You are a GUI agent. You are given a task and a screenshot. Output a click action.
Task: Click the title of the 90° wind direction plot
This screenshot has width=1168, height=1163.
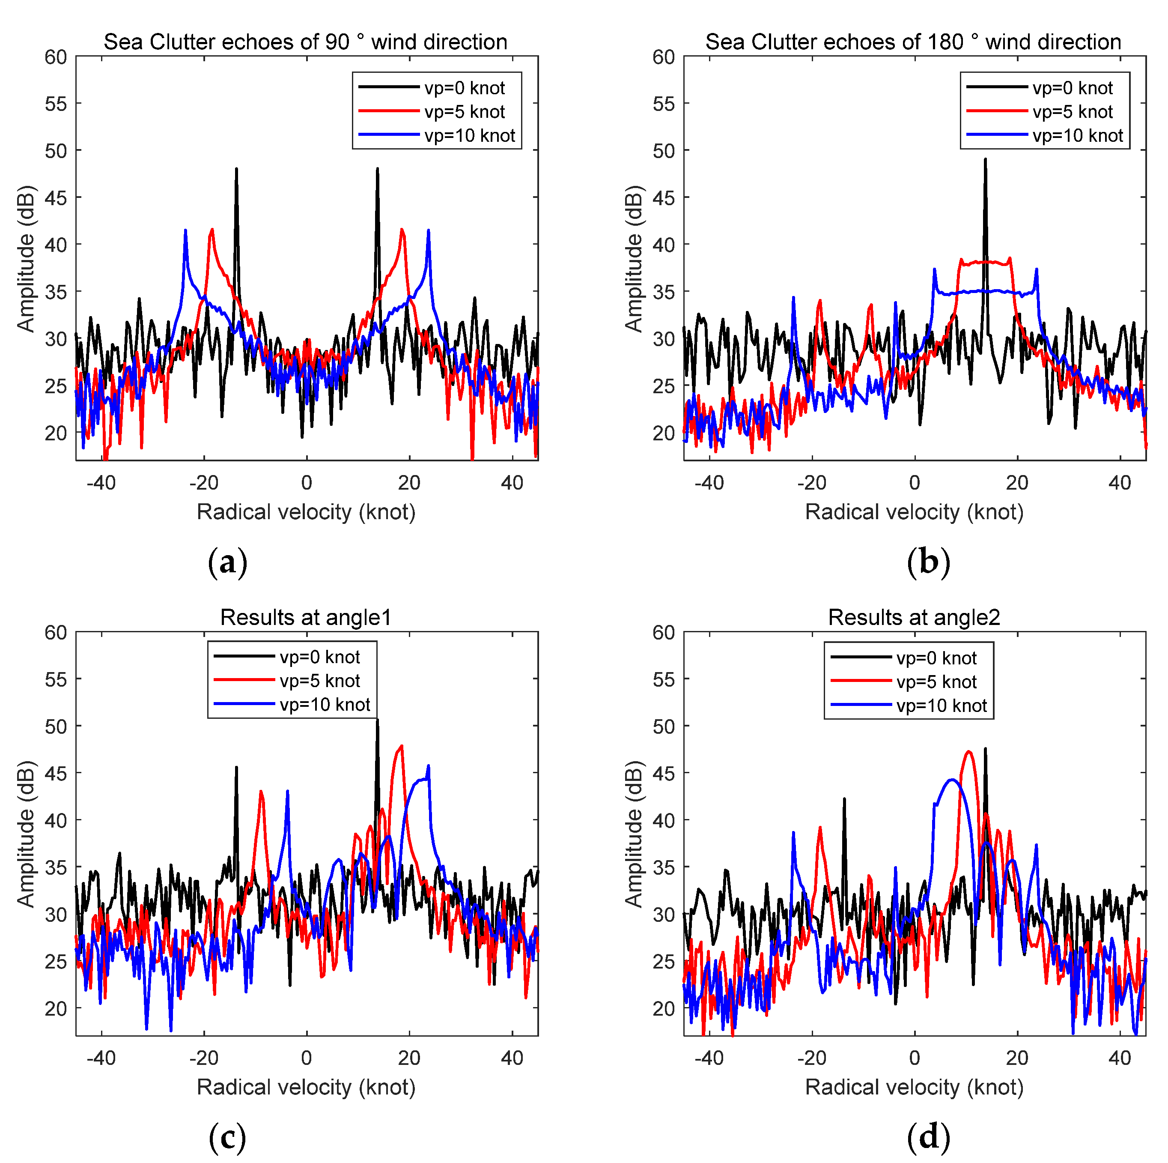(305, 42)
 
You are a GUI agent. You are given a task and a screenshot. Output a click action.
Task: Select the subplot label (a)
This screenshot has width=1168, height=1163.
(227, 563)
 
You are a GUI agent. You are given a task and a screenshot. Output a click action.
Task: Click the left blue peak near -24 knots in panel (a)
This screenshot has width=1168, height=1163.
(185, 231)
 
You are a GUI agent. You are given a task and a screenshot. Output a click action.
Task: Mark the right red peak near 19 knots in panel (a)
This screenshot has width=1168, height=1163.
(402, 230)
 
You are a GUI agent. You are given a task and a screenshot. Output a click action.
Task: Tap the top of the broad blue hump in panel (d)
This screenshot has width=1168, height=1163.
(952, 780)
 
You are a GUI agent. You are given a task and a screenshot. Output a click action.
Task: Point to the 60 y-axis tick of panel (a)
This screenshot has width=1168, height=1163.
(56, 57)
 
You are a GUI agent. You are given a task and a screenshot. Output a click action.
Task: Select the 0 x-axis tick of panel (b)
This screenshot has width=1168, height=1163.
(915, 483)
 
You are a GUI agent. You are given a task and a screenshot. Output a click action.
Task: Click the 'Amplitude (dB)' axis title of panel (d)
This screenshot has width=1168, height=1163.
(633, 834)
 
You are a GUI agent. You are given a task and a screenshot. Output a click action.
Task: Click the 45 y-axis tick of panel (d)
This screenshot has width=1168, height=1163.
(663, 773)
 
